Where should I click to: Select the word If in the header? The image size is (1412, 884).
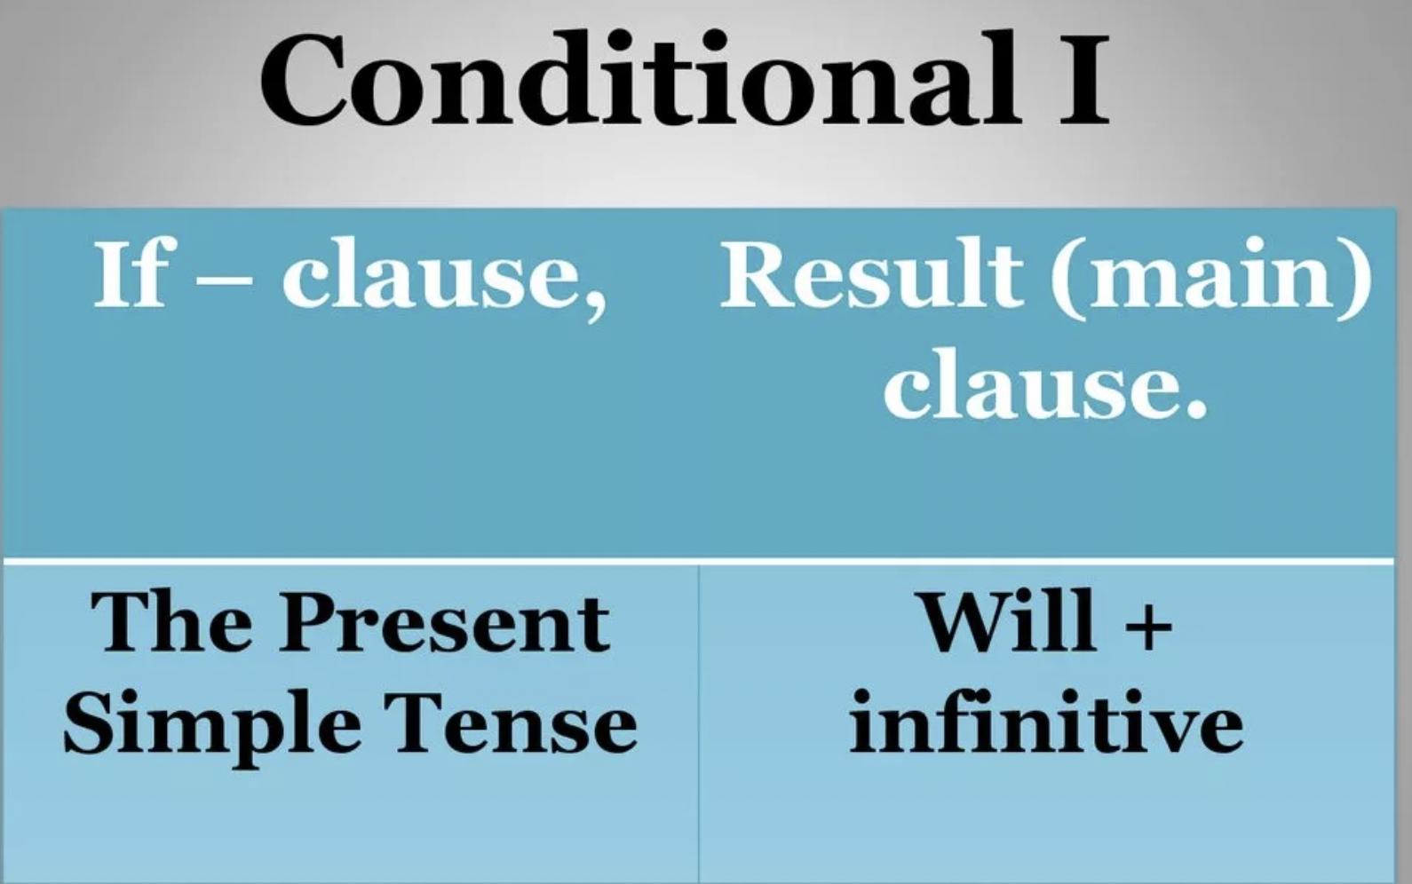[x=132, y=272]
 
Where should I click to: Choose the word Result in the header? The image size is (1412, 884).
[x=870, y=272]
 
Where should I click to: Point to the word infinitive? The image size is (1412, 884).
[x=1046, y=721]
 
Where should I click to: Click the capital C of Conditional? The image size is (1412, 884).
[x=303, y=79]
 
